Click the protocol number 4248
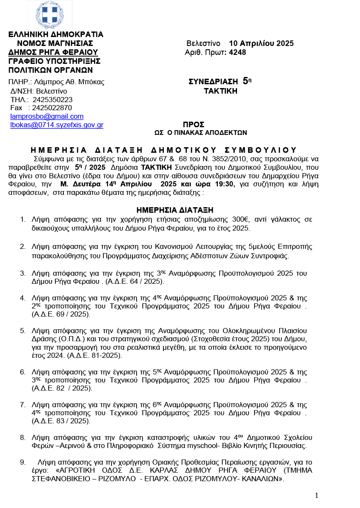[237, 52]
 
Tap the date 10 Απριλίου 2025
[261, 43]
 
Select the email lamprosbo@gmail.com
[47, 116]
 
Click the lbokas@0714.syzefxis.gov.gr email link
[57, 125]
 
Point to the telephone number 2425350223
[52, 100]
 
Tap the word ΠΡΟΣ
[194, 125]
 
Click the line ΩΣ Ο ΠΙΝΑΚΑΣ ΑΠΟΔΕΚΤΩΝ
[200, 133]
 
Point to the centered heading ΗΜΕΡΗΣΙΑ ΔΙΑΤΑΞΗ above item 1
[175, 210]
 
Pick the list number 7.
[23, 405]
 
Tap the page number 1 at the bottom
[317, 495]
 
